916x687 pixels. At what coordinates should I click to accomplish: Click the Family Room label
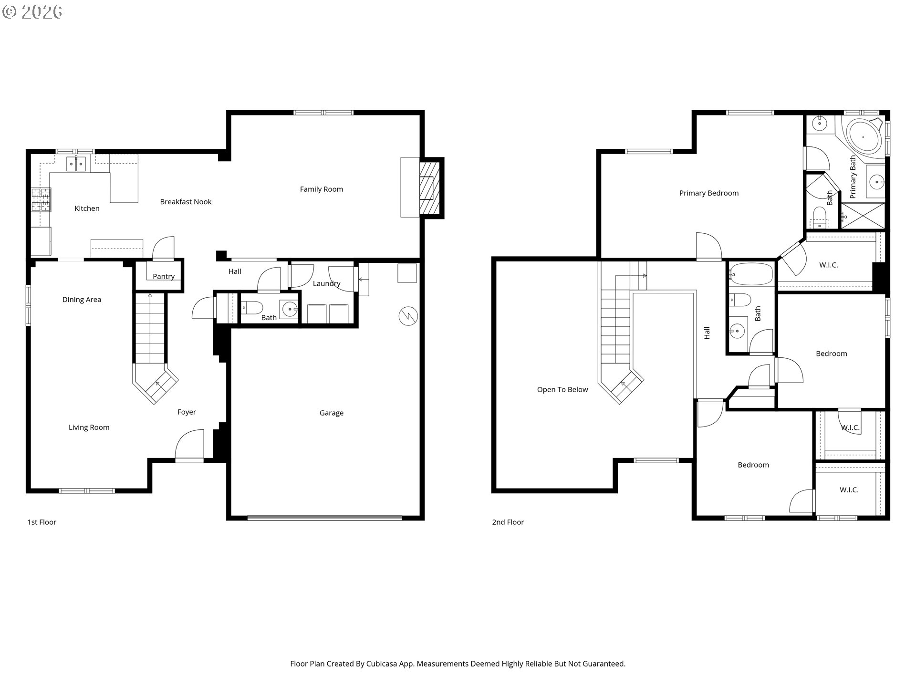tap(322, 189)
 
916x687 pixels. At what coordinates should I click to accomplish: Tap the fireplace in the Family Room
tap(428, 188)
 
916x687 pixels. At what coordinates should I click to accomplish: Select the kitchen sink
tap(76, 164)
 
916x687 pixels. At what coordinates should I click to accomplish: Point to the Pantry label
tap(164, 277)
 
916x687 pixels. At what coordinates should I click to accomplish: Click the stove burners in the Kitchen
tap(41, 200)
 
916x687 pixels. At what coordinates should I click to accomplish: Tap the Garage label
tap(332, 413)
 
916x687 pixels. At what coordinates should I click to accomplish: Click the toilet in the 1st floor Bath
tap(251, 308)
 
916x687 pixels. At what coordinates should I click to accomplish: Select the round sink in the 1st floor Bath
tap(289, 309)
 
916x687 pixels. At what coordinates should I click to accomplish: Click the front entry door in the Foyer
tap(189, 446)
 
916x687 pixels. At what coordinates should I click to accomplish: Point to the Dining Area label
tap(82, 300)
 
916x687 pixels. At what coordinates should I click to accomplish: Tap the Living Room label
tap(89, 427)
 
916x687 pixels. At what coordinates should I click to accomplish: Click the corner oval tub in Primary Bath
tap(863, 137)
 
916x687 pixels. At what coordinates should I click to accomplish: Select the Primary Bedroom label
tap(709, 193)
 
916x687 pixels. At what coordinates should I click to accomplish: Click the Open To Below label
tap(562, 390)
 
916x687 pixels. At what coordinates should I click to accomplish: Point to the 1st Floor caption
tap(42, 522)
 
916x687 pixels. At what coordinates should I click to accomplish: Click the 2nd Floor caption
tap(508, 522)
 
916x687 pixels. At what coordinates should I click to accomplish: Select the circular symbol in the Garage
tap(408, 316)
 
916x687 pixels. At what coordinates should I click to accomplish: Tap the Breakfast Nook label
tap(186, 202)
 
